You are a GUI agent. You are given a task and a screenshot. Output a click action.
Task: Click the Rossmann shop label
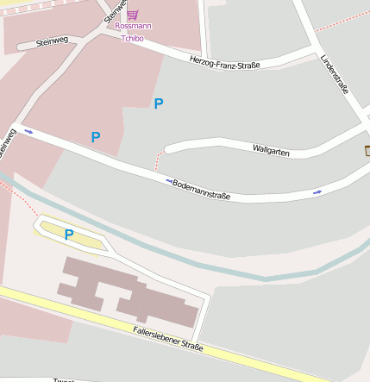133,27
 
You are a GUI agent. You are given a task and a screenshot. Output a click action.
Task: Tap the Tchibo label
132,38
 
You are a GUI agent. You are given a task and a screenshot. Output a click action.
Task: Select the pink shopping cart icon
132,15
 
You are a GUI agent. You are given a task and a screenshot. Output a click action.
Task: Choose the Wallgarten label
271,151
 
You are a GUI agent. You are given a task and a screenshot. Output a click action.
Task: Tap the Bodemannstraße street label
201,190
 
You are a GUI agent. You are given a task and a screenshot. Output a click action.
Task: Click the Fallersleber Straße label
168,338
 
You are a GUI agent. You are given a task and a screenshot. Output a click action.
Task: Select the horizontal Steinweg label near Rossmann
53,41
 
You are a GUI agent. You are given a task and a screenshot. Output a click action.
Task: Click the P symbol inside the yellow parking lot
69,235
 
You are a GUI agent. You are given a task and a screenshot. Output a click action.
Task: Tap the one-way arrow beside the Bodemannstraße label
169,180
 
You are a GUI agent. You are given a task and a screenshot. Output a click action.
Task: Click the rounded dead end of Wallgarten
169,147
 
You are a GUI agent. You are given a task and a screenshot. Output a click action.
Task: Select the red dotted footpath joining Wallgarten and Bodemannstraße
158,161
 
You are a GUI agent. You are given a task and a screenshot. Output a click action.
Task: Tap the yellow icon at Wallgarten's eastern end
367,152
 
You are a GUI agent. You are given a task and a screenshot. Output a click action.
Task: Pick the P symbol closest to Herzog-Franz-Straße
158,104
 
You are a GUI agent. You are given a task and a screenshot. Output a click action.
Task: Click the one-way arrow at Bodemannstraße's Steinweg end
29,132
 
